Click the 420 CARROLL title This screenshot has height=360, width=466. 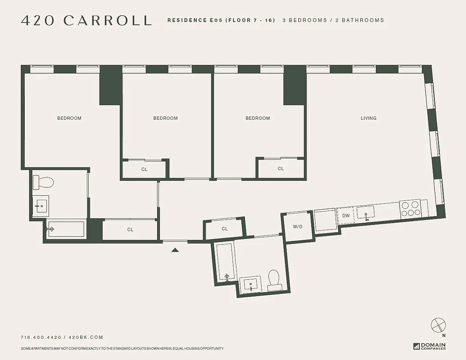tap(86, 20)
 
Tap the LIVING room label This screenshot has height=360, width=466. tap(368, 118)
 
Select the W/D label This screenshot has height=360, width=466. tap(298, 227)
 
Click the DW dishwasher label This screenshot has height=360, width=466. tap(346, 216)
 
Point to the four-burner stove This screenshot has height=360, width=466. tap(410, 209)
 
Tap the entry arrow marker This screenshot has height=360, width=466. tap(175, 249)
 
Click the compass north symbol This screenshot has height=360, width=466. tap(438, 325)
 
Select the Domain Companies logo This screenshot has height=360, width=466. tap(430, 346)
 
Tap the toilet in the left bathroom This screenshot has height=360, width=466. tap(44, 182)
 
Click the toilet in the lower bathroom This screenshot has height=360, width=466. tap(274, 279)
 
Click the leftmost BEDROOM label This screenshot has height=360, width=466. tap(69, 118)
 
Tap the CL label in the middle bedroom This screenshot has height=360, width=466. tap(144, 170)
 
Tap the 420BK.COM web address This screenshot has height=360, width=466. tap(86, 337)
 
